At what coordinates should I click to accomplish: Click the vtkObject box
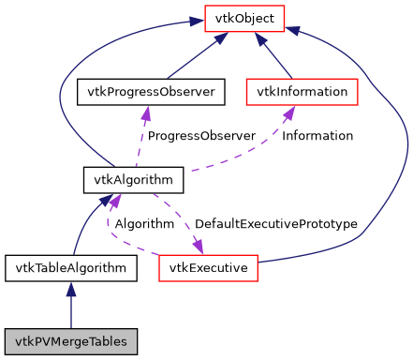tap(244, 17)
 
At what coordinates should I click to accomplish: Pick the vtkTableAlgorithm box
tap(71, 268)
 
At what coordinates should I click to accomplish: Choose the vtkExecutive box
tap(208, 268)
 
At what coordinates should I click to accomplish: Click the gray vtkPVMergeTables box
tap(71, 338)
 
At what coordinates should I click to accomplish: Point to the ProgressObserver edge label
tap(200, 136)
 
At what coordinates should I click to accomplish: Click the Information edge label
tap(317, 136)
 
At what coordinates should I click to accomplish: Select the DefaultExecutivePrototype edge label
tap(275, 224)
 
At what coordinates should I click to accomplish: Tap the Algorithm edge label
tap(144, 224)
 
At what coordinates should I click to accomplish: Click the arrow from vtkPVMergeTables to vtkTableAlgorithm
tap(71, 305)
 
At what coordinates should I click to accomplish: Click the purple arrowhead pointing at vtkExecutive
tap(199, 246)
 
